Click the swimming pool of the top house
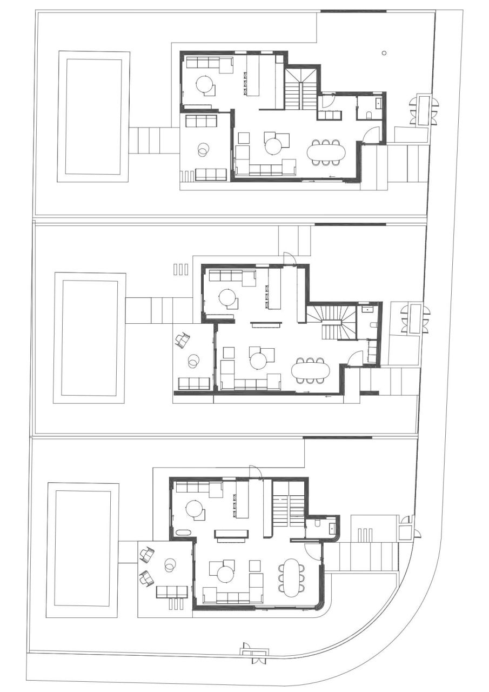pos(93,116)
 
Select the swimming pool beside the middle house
pos(89,338)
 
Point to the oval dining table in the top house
pos(326,152)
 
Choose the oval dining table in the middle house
pos(310,370)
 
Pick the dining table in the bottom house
pos(291,577)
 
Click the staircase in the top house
pos(301,89)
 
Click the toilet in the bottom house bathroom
pos(318,523)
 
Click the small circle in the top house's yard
pos(384,53)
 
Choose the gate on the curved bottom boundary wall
pos(254,653)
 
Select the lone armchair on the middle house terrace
pos(183,340)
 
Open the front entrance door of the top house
pos(372,135)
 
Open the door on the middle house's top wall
pos(289,258)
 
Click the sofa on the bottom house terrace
pos(172,591)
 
